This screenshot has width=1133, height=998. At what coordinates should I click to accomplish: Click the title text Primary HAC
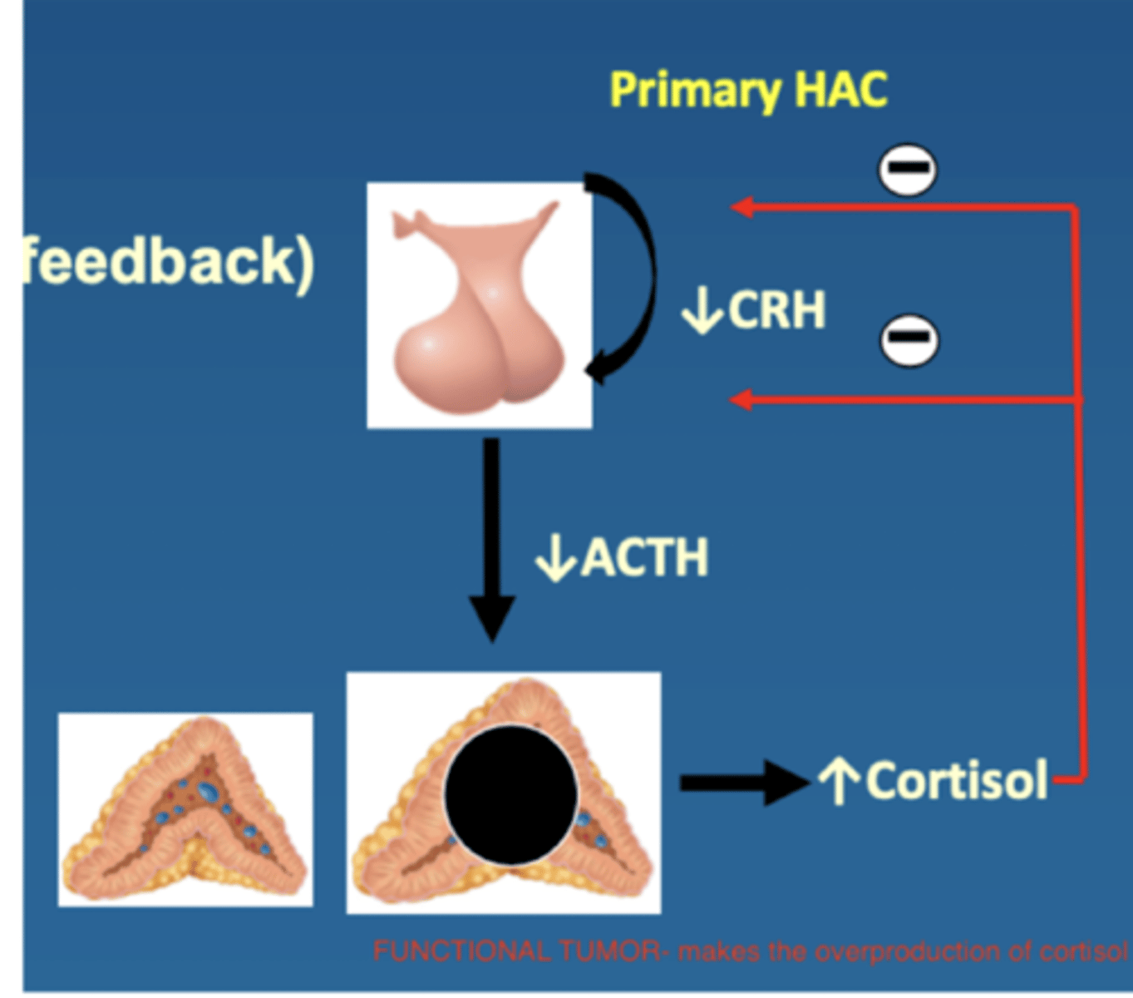(748, 90)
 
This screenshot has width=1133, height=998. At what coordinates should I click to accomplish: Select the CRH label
(776, 310)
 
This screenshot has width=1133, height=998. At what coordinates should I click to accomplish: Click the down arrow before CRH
(702, 312)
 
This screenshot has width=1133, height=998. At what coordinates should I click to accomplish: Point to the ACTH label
(644, 556)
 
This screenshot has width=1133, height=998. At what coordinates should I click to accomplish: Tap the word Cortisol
(956, 781)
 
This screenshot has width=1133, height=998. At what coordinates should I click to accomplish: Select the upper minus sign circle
(907, 169)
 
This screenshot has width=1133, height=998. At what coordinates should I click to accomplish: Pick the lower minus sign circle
(909, 339)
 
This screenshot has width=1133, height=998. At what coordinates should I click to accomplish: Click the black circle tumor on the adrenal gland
(511, 794)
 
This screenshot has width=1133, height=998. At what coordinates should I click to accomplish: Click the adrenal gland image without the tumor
(185, 809)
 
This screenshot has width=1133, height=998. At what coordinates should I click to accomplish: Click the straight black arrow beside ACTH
(492, 541)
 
